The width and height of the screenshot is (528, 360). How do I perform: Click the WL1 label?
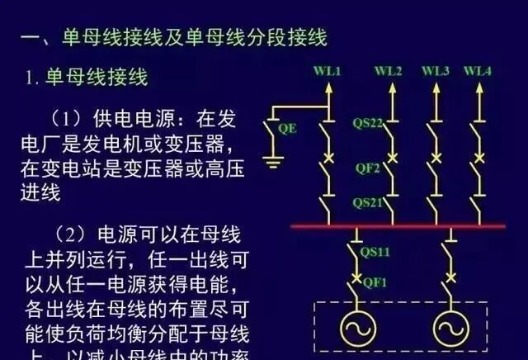tap(328, 71)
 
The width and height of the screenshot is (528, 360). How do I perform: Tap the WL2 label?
tap(389, 71)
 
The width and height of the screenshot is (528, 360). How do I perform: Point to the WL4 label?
tap(478, 71)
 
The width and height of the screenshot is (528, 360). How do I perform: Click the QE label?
tap(288, 129)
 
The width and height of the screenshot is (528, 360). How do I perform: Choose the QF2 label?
tap(368, 168)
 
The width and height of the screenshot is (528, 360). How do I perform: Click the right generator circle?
tap(450, 326)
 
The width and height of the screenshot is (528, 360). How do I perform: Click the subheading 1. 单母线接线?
tap(86, 78)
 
